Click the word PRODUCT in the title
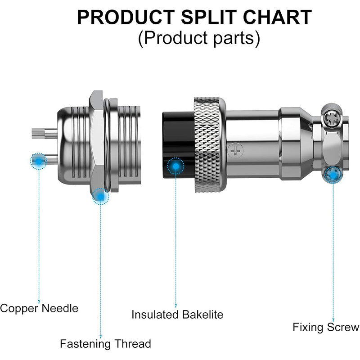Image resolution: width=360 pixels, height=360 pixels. (125, 18)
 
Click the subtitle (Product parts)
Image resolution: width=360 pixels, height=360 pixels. (199, 38)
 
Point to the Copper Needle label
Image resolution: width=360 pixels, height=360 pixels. (39, 308)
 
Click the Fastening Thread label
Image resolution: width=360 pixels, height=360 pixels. (105, 344)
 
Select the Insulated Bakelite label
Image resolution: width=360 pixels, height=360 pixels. (177, 314)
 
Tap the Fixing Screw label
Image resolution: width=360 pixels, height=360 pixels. (326, 327)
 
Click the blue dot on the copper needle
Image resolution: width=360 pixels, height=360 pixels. (39, 160)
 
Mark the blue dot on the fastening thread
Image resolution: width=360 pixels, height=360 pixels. (100, 196)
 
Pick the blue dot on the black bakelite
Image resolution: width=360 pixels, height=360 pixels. (175, 166)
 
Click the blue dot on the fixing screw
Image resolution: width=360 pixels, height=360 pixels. (333, 174)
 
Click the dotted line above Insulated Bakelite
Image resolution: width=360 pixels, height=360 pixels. (175, 238)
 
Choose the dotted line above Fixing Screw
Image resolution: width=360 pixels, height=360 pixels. (333, 247)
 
